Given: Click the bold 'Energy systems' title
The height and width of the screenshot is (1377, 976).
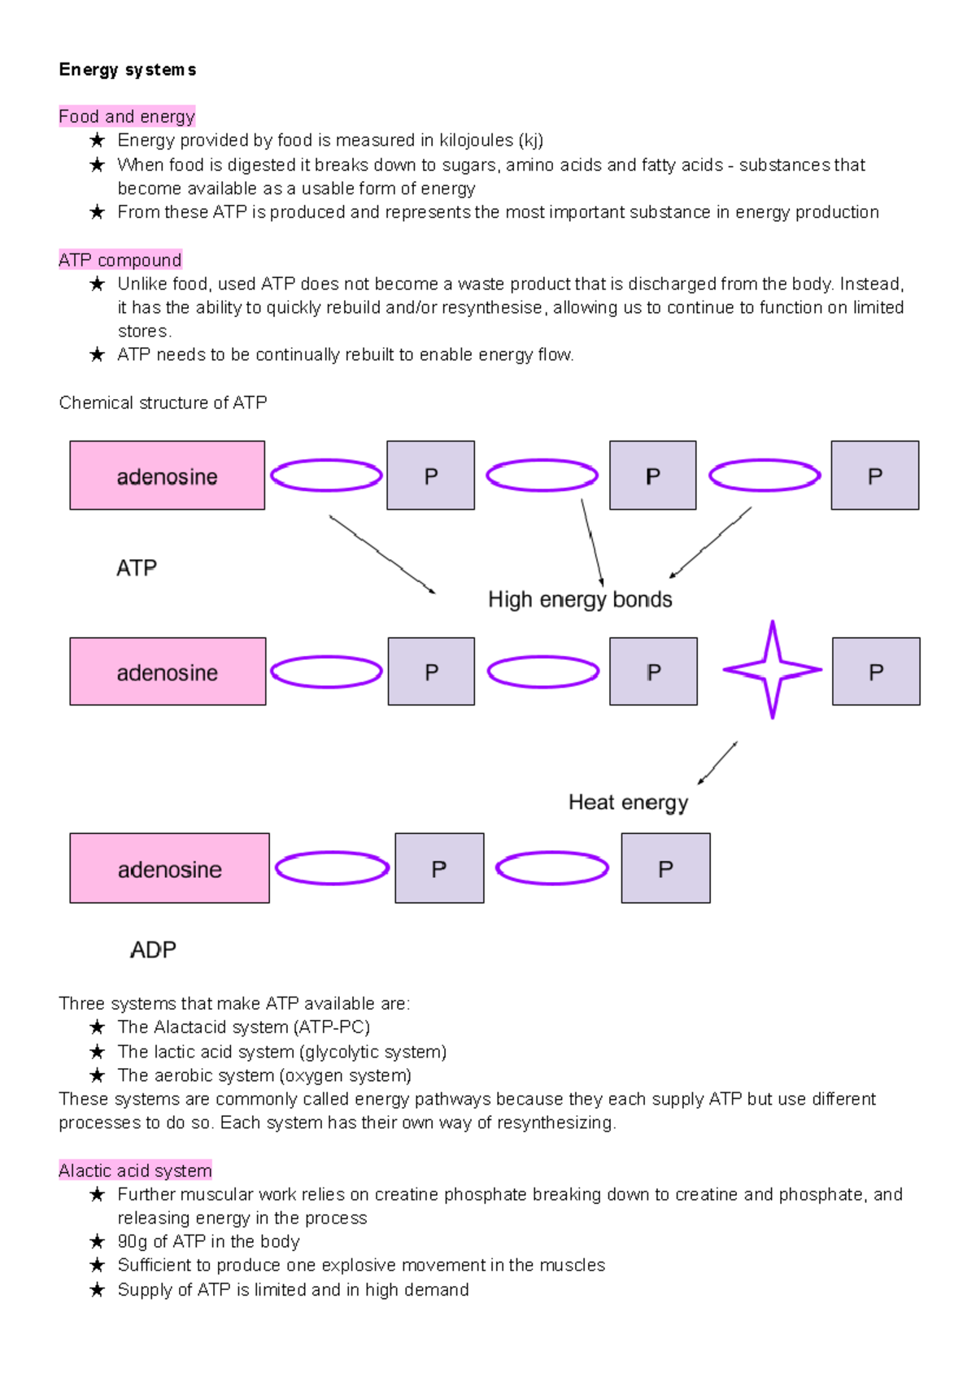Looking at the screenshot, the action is [128, 70].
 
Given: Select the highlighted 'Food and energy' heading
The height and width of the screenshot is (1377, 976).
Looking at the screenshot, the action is [127, 116].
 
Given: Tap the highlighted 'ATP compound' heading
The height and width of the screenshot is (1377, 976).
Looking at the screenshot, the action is [120, 260].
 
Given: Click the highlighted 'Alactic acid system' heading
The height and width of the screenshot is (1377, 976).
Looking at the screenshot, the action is [135, 1171].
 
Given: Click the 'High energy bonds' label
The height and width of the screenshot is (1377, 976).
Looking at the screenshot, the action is [580, 599].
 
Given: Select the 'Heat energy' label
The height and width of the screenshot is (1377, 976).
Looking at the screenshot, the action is [628, 803].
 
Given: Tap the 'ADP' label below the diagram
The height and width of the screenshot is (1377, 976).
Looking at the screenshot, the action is [153, 949].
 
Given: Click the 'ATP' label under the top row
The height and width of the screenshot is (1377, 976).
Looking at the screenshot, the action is [137, 567].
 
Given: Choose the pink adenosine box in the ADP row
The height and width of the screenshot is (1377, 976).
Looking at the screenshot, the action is [170, 868].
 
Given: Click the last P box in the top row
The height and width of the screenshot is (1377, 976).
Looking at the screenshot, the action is [874, 476].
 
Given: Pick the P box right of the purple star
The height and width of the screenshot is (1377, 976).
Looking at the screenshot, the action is [876, 671].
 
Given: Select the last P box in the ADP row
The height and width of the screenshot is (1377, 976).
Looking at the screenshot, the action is [665, 868].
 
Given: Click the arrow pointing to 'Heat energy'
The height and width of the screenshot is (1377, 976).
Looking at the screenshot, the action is [717, 763].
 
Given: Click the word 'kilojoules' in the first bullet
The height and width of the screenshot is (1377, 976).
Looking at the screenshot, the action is [476, 141].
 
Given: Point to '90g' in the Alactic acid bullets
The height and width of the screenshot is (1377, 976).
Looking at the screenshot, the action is [133, 1242].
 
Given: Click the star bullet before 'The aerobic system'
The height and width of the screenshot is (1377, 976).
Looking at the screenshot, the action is [97, 1075].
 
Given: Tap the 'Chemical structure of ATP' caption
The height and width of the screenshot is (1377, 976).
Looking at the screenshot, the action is [163, 402].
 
